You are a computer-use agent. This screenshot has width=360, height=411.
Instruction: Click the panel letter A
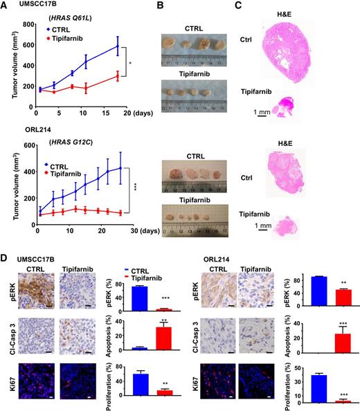coord(6,6)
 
